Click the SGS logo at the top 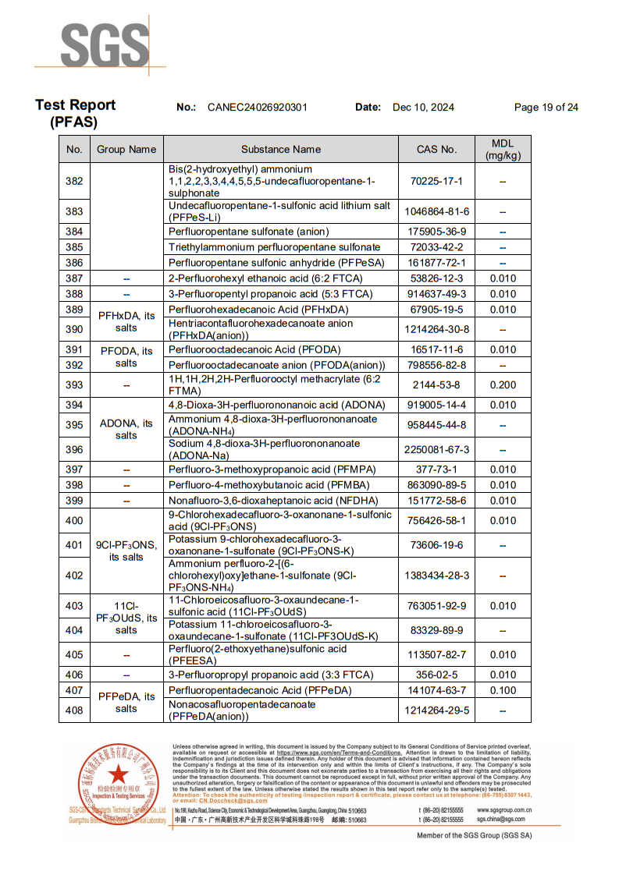pyautogui.click(x=105, y=45)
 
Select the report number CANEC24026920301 pyautogui.click(x=258, y=108)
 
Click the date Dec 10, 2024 pyautogui.click(x=423, y=108)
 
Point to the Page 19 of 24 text pyautogui.click(x=546, y=108)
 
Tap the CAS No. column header pyautogui.click(x=437, y=149)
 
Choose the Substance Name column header pyautogui.click(x=281, y=149)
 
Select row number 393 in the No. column pyautogui.click(x=74, y=385)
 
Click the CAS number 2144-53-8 pyautogui.click(x=437, y=385)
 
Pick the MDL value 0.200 pyautogui.click(x=503, y=385)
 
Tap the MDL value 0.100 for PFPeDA pyautogui.click(x=503, y=690)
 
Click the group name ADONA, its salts pyautogui.click(x=126, y=429)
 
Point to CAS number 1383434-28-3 pyautogui.click(x=437, y=576)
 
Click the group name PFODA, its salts pyautogui.click(x=126, y=357)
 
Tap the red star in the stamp pyautogui.click(x=118, y=774)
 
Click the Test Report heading pyautogui.click(x=75, y=105)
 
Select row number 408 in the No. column pyautogui.click(x=74, y=710)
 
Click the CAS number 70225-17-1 pyautogui.click(x=437, y=181)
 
